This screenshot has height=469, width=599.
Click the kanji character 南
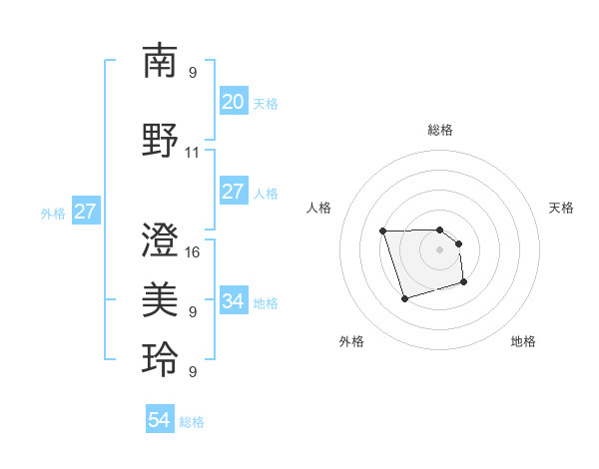160,61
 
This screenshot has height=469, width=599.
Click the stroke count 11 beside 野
193,153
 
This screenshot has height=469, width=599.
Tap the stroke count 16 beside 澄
193,251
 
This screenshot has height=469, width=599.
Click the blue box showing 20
234,102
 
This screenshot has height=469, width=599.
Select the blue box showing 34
234,300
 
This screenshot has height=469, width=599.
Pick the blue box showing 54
159,421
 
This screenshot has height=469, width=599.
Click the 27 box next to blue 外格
85,212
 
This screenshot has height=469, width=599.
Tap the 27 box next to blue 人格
234,193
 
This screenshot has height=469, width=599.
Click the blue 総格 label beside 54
192,422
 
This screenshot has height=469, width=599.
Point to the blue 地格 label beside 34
266,302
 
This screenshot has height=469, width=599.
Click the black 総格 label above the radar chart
440,130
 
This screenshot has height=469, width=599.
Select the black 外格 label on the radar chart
351,341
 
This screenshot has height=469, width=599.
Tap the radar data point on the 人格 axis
383,232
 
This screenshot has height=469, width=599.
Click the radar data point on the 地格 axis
465,283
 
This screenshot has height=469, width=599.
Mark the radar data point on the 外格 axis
404,298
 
